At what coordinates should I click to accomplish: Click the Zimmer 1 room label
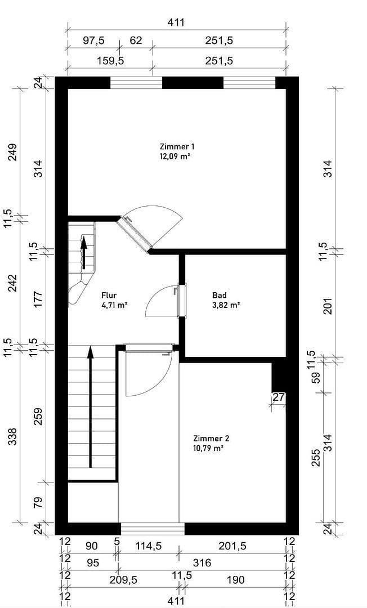pyautogui.click(x=177, y=146)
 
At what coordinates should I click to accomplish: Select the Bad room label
pyautogui.click(x=219, y=295)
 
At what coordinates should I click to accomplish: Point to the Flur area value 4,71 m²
pyautogui.click(x=114, y=305)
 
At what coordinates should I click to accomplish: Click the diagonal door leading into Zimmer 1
pyautogui.click(x=135, y=233)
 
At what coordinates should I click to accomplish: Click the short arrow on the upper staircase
pyautogui.click(x=84, y=253)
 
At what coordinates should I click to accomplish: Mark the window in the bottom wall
pyautogui.click(x=153, y=529)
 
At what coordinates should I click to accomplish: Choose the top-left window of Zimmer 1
pyautogui.click(x=136, y=83)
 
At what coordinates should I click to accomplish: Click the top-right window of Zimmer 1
pyautogui.click(x=249, y=83)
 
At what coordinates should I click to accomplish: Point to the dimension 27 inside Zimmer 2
pyautogui.click(x=279, y=397)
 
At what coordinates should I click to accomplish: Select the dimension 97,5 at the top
pyautogui.click(x=93, y=41)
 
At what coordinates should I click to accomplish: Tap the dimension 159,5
pyautogui.click(x=109, y=60)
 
